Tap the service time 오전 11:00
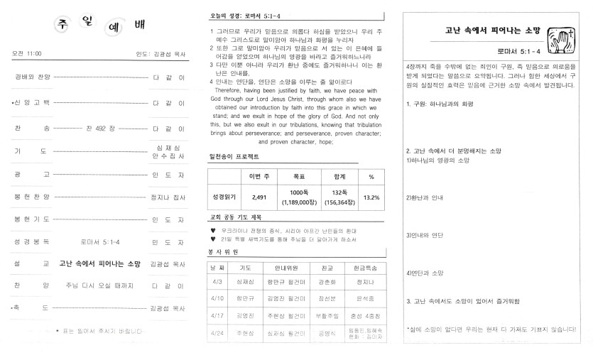coord(27,53)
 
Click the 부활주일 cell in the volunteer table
coord(328,315)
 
